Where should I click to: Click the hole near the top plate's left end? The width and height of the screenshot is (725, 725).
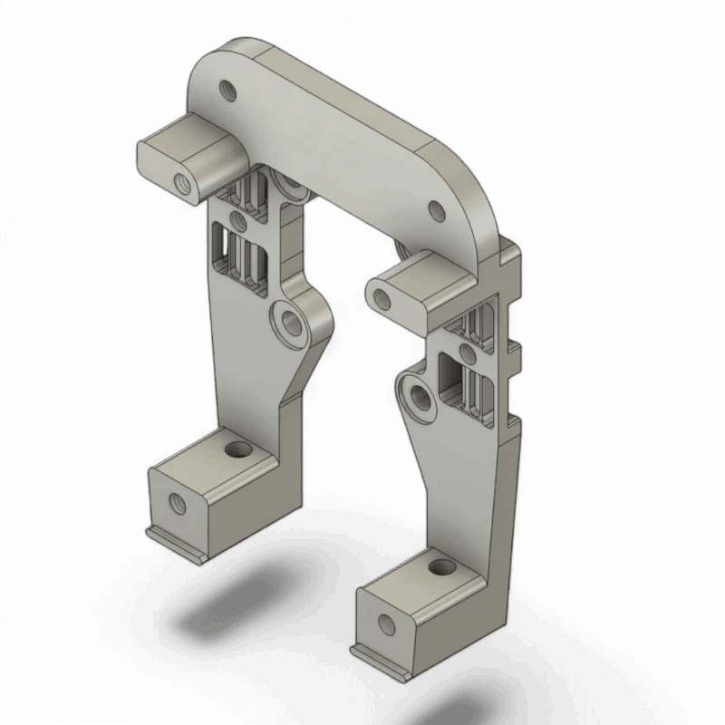(x=227, y=90)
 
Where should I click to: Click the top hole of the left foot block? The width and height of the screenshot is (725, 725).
(x=239, y=449)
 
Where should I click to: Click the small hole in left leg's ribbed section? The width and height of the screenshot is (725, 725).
(x=238, y=219)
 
